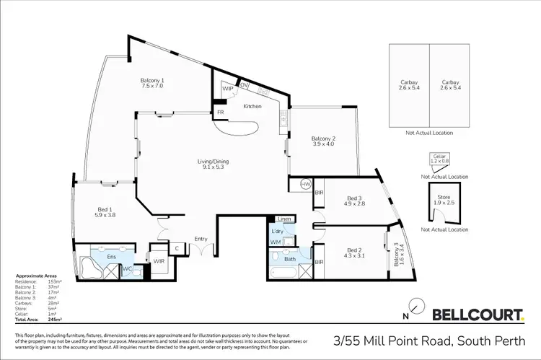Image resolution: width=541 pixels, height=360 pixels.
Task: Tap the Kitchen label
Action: click(x=252, y=107)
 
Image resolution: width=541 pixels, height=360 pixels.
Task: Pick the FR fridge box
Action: click(x=219, y=113)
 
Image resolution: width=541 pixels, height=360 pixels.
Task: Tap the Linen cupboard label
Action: click(x=283, y=219)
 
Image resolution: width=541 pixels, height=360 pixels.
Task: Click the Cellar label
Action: click(x=438, y=155)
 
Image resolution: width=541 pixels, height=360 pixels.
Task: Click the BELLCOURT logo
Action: click(x=478, y=314)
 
